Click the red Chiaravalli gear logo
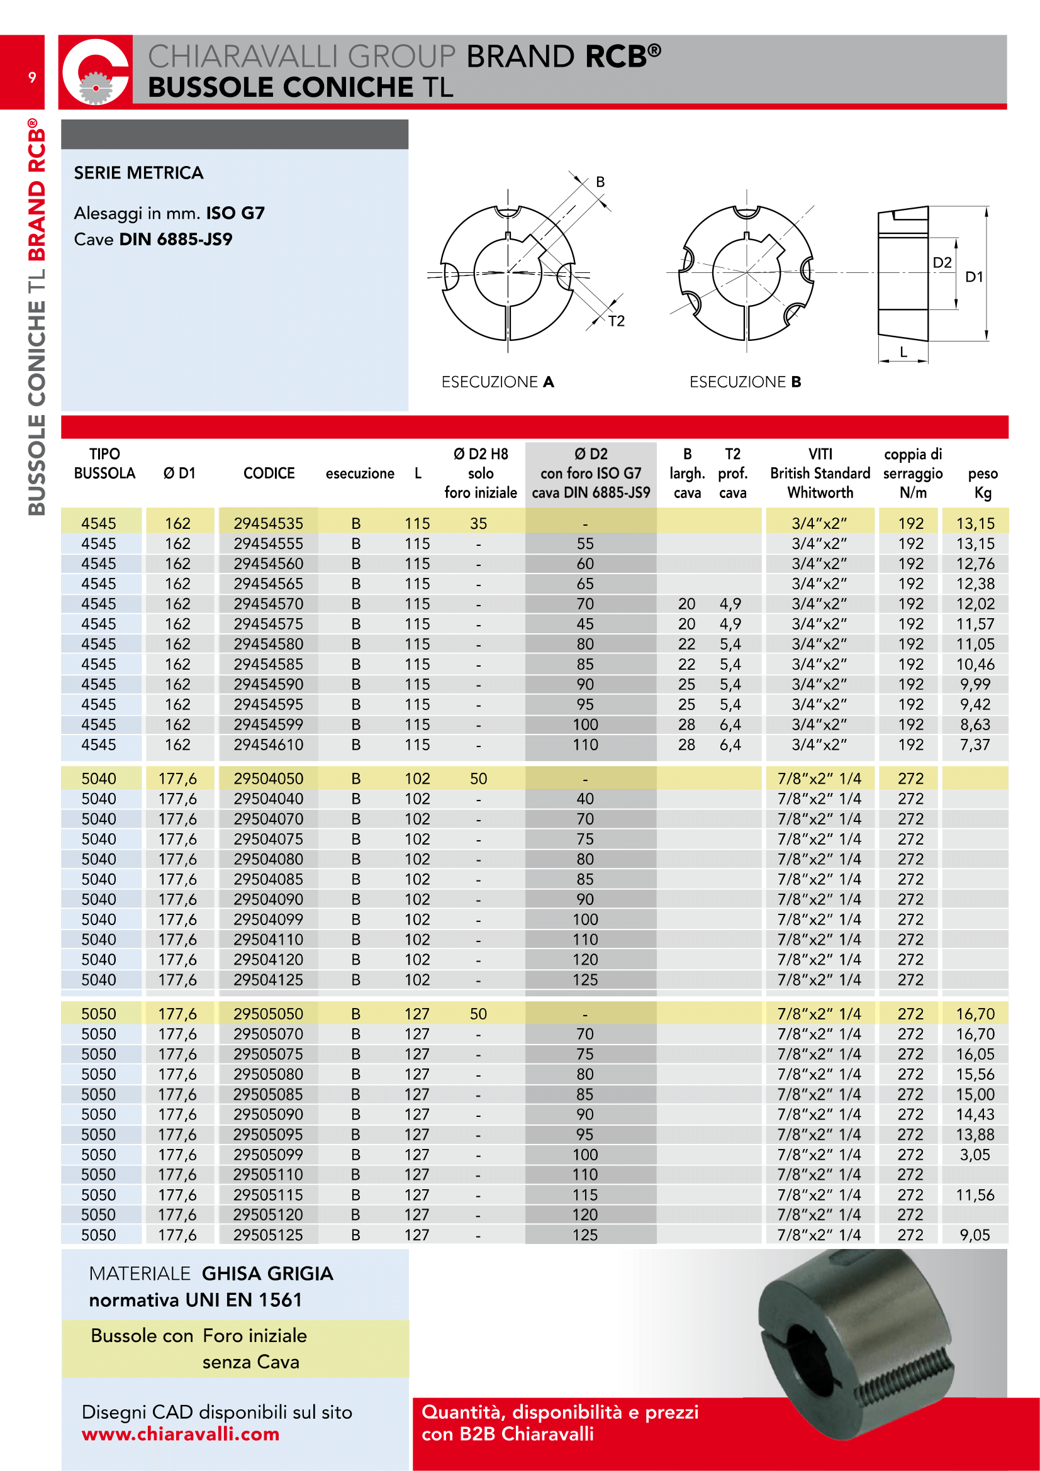point(96,72)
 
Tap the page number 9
point(32,77)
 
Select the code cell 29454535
point(268,523)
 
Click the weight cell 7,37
point(975,745)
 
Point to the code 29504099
point(268,919)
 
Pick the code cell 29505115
point(268,1195)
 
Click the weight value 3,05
point(975,1155)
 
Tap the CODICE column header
point(269,474)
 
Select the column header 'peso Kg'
point(982,482)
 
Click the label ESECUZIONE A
point(497,382)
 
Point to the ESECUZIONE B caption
point(745,382)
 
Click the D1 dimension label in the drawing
point(974,277)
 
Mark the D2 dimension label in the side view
point(942,262)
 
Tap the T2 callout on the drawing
point(617,321)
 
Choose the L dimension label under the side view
point(903,352)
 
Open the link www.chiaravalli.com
point(181,1434)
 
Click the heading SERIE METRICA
point(138,173)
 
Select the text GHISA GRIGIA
point(267,1273)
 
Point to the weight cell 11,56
point(975,1195)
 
